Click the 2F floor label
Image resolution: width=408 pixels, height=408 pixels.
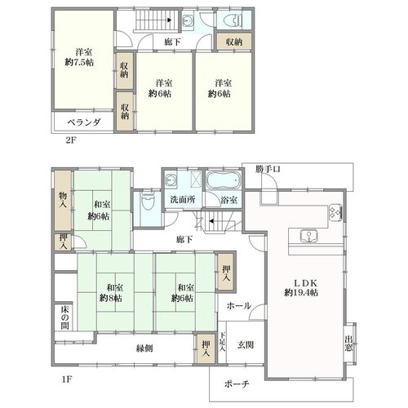click(x=71, y=140)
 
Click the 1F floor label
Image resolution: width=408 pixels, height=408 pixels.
click(x=67, y=379)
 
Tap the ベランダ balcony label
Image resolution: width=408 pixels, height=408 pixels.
click(x=84, y=122)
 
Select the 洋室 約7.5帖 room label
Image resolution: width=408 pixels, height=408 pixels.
click(x=79, y=57)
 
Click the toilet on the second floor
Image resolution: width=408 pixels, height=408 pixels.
click(x=233, y=20)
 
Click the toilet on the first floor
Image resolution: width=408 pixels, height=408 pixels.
click(x=148, y=201)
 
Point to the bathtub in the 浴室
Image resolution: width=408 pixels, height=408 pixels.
click(x=224, y=180)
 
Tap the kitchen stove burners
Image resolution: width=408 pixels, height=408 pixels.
click(x=335, y=212)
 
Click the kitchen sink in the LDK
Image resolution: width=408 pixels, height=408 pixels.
click(x=308, y=236)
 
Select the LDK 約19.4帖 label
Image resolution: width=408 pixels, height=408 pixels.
click(x=301, y=288)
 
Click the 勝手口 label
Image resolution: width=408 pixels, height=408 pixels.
click(x=268, y=170)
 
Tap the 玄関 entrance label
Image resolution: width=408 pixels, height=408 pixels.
click(x=246, y=345)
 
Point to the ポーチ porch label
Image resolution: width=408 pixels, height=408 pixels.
click(x=237, y=384)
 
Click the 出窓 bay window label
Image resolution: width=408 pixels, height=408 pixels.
click(x=349, y=344)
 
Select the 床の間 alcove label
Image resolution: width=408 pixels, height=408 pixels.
click(x=64, y=317)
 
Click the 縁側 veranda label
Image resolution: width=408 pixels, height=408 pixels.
click(x=144, y=348)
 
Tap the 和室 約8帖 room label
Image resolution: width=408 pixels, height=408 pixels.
click(x=111, y=293)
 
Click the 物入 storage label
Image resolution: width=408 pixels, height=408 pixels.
click(x=63, y=200)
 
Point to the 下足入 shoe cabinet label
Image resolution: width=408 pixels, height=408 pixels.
click(x=223, y=342)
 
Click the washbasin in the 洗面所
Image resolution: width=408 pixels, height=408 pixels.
click(x=171, y=180)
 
